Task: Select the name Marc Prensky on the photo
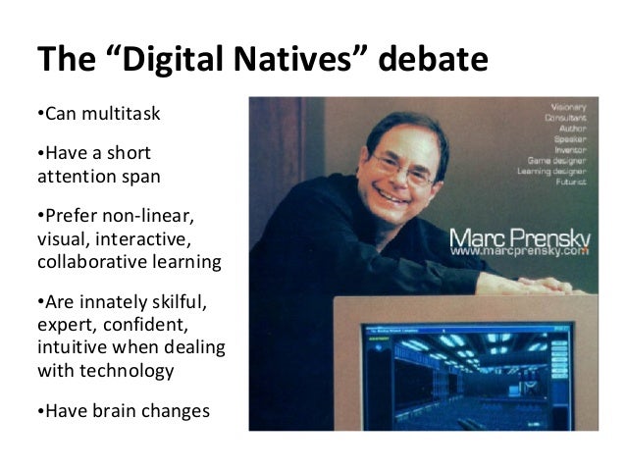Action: pos(522,238)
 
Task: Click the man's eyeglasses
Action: pos(401,168)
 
